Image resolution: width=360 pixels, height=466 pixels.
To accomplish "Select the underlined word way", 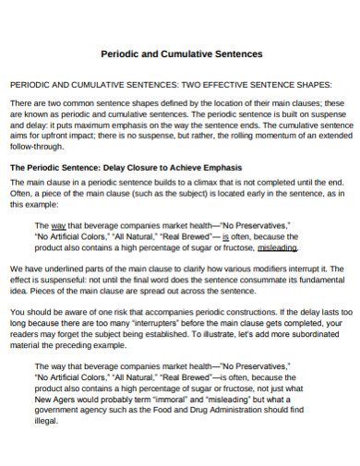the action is point(58,224).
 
